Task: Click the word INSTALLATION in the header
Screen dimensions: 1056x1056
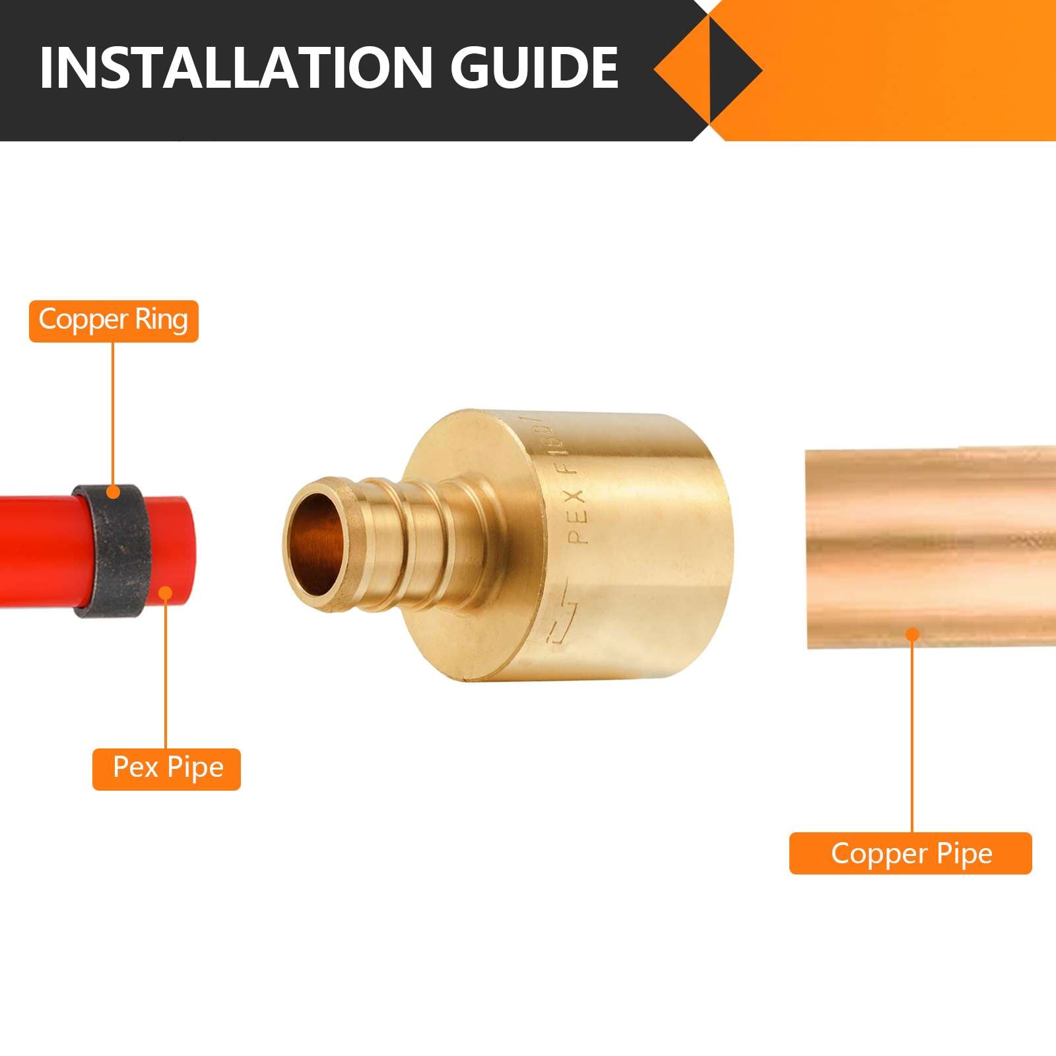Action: (234, 68)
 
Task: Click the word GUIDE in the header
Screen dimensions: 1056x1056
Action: (535, 68)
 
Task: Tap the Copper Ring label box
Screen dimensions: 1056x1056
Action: (114, 321)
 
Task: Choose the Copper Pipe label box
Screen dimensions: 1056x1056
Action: (911, 853)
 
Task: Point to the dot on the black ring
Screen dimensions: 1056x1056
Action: (114, 492)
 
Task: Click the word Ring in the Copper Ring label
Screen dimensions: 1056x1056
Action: (162, 320)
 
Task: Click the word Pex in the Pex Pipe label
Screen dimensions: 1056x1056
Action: (135, 768)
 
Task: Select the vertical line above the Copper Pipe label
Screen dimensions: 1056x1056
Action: (912, 733)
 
